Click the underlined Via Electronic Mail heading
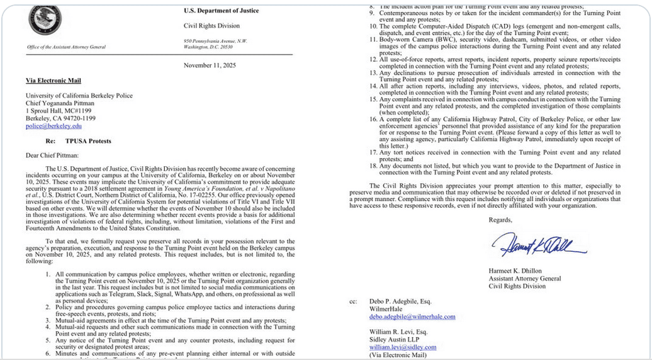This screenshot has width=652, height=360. pos(53,81)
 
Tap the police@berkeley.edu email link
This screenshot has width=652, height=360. pos(53,126)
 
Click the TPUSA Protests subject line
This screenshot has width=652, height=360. pos(88,141)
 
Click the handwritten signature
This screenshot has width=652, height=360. pos(539,244)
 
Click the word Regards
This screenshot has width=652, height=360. pos(500,220)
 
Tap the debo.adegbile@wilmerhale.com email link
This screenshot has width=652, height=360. pos(412,317)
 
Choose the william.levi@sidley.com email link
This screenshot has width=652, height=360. pos(403,347)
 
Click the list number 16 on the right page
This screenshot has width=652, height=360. pos(373,119)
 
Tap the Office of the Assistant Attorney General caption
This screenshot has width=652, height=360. pos(67,47)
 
